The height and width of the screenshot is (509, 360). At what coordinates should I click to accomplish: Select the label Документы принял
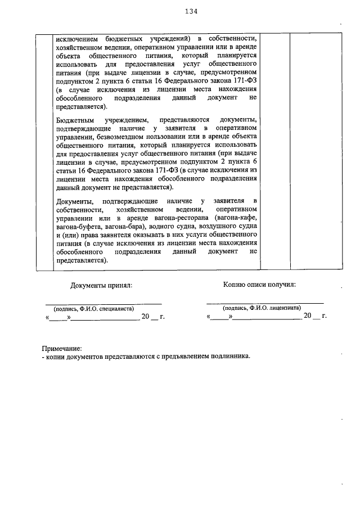click(x=101, y=285)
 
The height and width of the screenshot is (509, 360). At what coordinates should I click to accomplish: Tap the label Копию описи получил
click(x=259, y=285)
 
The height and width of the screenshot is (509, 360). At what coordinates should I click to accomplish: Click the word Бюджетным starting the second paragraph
click(x=76, y=120)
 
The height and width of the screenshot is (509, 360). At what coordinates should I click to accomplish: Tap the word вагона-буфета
click(x=79, y=226)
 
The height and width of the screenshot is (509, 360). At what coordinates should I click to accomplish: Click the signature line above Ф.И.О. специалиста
click(x=104, y=303)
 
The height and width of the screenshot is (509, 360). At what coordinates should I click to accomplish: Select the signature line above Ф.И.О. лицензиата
click(x=265, y=303)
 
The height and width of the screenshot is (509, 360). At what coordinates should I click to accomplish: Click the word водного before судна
click(x=163, y=226)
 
